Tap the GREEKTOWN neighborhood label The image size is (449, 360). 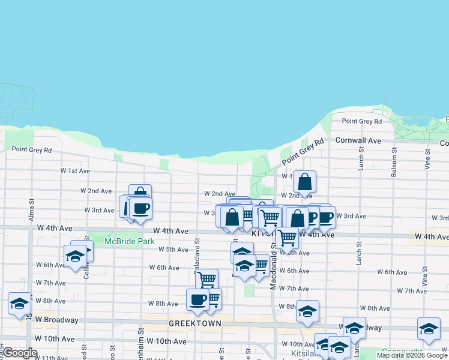pyautogui.click(x=194, y=323)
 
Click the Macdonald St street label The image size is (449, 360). pyautogui.click(x=273, y=270)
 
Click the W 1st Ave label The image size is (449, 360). pyautogui.click(x=74, y=171)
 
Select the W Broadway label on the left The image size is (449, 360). pyautogui.click(x=56, y=320)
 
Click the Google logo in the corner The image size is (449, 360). pyautogui.click(x=20, y=353)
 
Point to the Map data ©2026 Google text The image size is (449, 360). pyautogui.click(x=412, y=356)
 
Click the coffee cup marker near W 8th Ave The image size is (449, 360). pyautogui.click(x=197, y=299)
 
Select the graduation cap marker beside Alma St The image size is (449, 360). pyautogui.click(x=19, y=304)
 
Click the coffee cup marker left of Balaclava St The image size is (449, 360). pyautogui.click(x=140, y=209)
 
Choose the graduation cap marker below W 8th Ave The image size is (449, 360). pyautogui.click(x=307, y=311)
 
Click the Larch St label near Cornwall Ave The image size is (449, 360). pyautogui.click(x=361, y=161)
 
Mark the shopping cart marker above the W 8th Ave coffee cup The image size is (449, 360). pyautogui.click(x=206, y=279)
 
